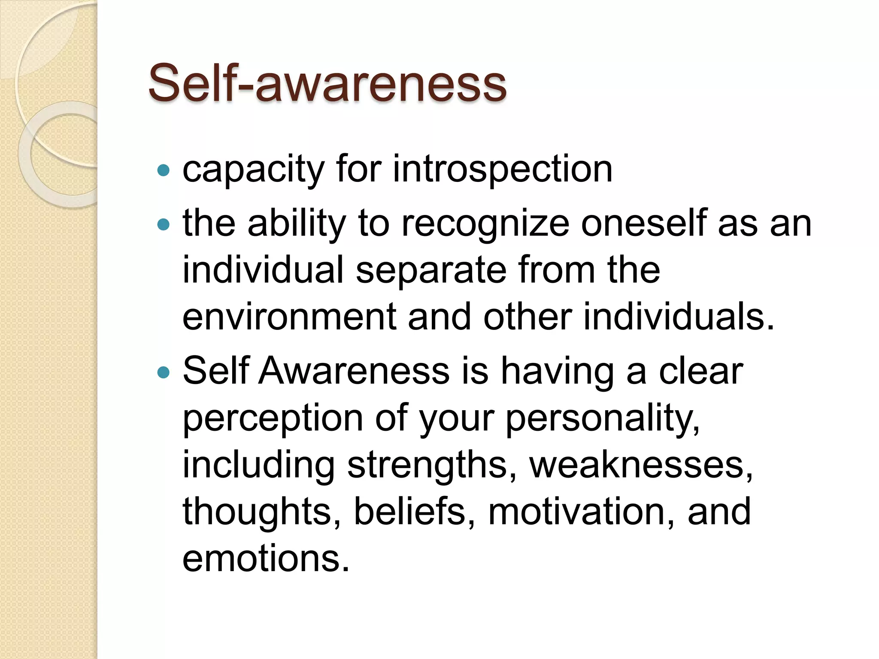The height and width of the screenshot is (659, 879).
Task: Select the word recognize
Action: (485, 224)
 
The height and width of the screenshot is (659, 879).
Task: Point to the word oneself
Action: (644, 224)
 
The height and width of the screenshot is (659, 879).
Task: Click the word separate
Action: (431, 270)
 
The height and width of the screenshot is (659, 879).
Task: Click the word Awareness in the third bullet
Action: (354, 371)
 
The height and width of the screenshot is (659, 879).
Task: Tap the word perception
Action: (273, 418)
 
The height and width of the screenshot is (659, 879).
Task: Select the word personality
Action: (603, 418)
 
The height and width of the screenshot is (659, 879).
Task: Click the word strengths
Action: (432, 465)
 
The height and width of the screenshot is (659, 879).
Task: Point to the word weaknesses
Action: (640, 465)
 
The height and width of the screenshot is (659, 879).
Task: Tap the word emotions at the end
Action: (266, 559)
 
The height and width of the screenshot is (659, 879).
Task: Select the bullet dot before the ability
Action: (164, 224)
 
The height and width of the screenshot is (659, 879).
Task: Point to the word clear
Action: (700, 371)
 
